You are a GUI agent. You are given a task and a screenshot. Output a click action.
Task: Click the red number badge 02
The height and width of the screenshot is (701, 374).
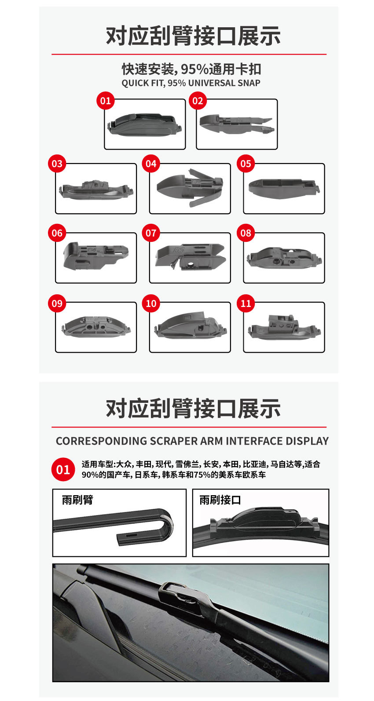[198, 101]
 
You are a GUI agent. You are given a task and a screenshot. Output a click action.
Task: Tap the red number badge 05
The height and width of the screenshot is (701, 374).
[246, 164]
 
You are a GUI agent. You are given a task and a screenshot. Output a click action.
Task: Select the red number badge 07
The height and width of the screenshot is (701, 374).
[151, 233]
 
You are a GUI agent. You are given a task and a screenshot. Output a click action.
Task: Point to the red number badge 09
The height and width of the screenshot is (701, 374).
[57, 303]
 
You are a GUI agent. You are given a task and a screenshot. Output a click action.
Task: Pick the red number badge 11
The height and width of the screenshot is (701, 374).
[246, 303]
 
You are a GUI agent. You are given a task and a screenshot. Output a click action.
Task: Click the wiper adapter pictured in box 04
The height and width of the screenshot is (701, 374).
[190, 187]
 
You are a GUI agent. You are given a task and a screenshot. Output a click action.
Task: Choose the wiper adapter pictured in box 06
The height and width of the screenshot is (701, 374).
[96, 255]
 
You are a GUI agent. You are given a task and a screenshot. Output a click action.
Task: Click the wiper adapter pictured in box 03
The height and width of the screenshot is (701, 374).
[96, 190]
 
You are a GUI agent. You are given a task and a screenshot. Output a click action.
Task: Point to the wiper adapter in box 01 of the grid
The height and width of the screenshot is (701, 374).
[145, 124]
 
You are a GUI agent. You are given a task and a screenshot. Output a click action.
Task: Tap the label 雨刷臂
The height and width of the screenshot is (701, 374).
[77, 500]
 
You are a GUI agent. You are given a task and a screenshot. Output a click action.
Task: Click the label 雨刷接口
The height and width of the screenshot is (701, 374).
[220, 500]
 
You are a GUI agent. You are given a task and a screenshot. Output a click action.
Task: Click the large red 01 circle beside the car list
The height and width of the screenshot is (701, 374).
[63, 469]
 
